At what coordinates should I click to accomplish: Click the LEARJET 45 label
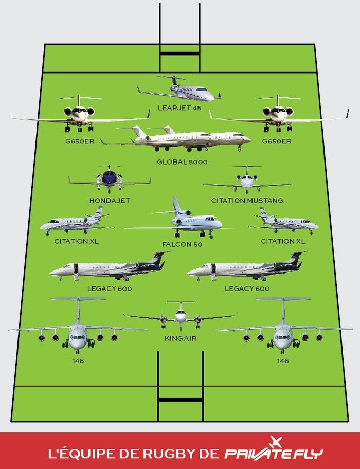179,107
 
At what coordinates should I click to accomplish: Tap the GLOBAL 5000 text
182,162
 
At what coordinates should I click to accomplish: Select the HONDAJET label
110,201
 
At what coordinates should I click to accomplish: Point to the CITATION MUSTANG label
247,201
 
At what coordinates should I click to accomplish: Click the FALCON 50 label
182,244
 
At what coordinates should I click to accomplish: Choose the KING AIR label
181,338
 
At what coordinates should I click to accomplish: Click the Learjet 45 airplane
179,89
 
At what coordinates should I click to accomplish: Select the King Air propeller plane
181,316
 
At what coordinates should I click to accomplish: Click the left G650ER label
80,141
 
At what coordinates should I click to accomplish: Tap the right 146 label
283,360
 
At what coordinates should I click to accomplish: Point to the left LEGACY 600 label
110,288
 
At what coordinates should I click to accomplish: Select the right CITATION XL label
283,241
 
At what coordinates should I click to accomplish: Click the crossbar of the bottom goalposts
181,399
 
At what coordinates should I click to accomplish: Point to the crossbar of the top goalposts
179,53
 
